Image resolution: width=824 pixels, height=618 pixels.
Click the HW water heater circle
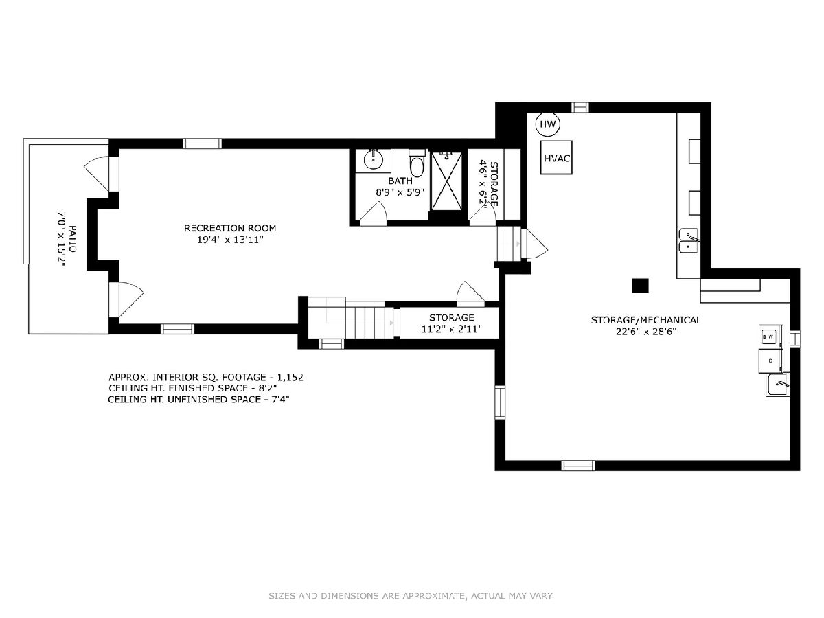pyautogui.click(x=547, y=124)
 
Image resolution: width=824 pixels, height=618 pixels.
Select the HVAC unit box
pyautogui.click(x=556, y=158)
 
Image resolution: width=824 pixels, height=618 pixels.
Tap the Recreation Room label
pyautogui.click(x=230, y=228)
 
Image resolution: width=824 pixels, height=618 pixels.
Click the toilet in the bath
pyautogui.click(x=417, y=163)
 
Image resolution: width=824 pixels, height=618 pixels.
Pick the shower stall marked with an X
pyautogui.click(x=446, y=181)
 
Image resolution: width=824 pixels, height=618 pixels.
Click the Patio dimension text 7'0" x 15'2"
pyautogui.click(x=62, y=239)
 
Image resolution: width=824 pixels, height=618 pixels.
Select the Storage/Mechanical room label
pyautogui.click(x=646, y=320)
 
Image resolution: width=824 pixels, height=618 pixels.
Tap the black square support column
pyautogui.click(x=640, y=286)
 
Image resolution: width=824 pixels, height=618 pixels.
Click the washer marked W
pyautogui.click(x=770, y=336)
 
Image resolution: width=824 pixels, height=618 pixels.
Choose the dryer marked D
pyautogui.click(x=770, y=361)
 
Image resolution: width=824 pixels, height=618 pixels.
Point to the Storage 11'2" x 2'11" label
pyautogui.click(x=452, y=323)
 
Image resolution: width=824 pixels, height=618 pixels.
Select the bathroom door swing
pyautogui.click(x=374, y=214)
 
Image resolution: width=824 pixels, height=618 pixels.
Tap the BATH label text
pyautogui.click(x=400, y=181)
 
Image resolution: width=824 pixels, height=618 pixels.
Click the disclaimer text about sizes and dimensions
pyautogui.click(x=411, y=595)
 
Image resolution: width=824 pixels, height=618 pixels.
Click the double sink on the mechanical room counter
pyautogui.click(x=689, y=240)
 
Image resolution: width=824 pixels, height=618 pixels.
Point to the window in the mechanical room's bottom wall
pyautogui.click(x=578, y=466)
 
